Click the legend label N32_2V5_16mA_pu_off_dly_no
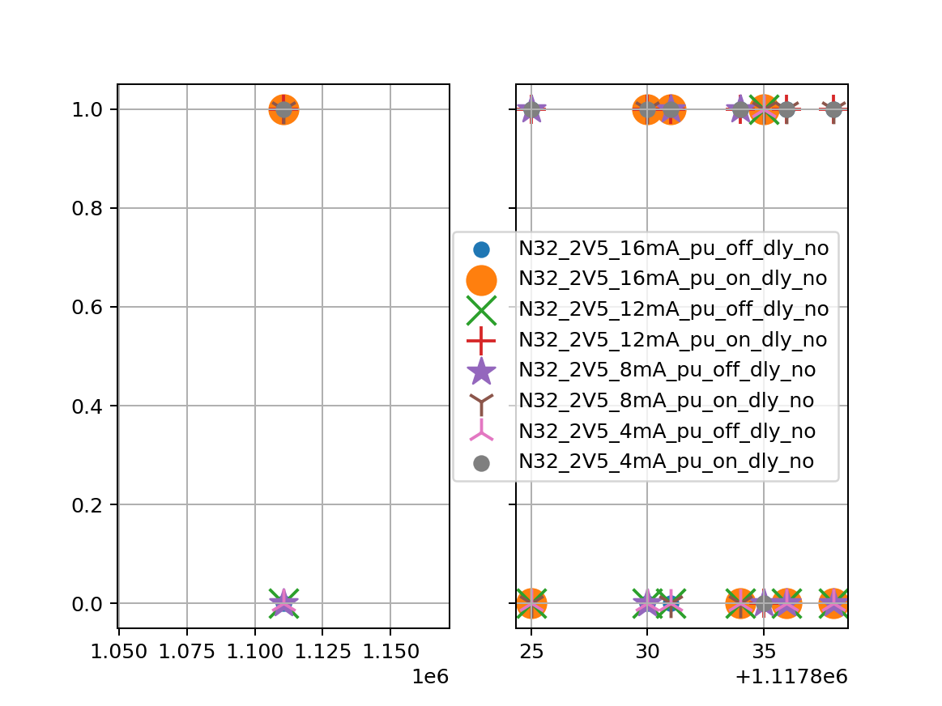point(673,249)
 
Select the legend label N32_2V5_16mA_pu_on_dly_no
point(673,279)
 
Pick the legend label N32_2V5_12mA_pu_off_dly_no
point(673,309)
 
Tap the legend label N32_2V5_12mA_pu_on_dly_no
point(673,340)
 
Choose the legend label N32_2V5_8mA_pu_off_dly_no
point(667,371)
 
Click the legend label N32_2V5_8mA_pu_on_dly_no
point(667,401)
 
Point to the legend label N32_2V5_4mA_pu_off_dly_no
point(667,432)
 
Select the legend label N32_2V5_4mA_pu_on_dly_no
point(667,462)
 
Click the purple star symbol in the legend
point(481,371)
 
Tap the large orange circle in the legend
point(481,279)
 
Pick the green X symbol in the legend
point(481,309)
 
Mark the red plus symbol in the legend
point(481,340)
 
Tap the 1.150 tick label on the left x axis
point(390,650)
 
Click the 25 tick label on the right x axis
point(531,650)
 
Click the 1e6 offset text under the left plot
point(430,677)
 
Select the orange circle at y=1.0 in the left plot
point(283,109)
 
